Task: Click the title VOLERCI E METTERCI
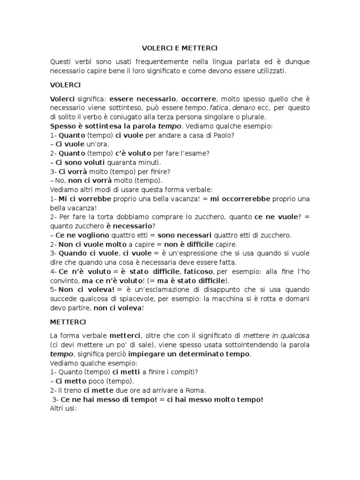point(180,48)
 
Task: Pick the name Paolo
point(222,135)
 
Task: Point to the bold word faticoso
point(197,271)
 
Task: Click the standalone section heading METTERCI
point(66,322)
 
